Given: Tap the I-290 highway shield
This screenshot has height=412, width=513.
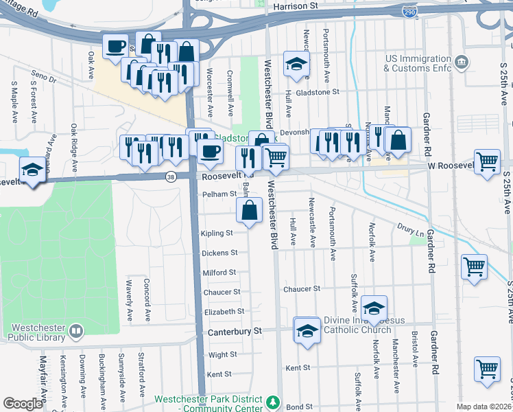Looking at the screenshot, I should (x=409, y=13).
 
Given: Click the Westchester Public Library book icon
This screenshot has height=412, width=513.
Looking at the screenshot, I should (x=75, y=332).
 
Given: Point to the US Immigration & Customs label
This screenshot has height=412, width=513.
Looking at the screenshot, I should (x=418, y=64).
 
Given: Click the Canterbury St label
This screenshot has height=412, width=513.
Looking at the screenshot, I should (x=235, y=331).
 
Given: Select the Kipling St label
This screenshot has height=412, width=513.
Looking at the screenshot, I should (x=217, y=233).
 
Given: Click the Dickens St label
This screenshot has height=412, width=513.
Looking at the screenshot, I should (x=219, y=253).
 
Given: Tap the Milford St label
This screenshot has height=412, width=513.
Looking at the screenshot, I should (x=219, y=273).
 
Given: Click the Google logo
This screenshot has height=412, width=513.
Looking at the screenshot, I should (x=23, y=404).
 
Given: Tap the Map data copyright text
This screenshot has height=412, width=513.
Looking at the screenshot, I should (x=484, y=407).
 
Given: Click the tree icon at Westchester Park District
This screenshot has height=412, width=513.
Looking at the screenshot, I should (x=273, y=401).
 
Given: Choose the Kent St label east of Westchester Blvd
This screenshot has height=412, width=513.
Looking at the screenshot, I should (x=298, y=368).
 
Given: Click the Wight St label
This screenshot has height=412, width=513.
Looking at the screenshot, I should (x=222, y=355).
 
